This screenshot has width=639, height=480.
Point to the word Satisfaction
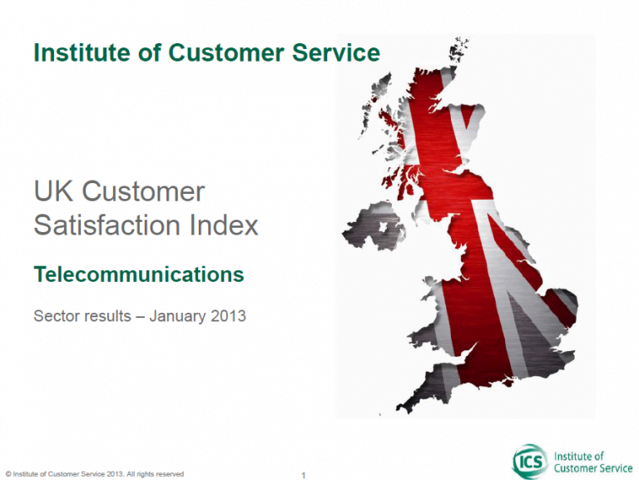106,225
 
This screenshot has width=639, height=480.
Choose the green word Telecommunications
139,275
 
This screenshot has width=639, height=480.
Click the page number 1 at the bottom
303,475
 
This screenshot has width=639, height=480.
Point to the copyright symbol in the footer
8,474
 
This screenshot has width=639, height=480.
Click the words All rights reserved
156,474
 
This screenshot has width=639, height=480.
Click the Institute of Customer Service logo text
593,462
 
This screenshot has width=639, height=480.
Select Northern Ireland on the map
374,225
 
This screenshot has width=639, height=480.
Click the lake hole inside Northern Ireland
383,227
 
